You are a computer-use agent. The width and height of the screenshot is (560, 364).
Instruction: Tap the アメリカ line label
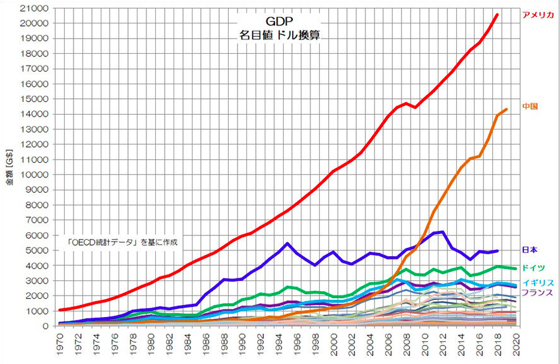click(x=537, y=15)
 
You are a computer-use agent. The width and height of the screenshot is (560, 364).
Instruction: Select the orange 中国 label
click(x=530, y=106)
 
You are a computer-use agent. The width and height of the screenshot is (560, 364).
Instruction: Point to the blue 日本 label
click(x=530, y=250)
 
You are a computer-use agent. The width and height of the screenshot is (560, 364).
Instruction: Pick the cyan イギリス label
click(x=538, y=282)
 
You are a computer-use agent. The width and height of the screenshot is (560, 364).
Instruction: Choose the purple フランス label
click(x=538, y=293)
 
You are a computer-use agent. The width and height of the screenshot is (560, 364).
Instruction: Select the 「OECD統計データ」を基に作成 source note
click(x=124, y=242)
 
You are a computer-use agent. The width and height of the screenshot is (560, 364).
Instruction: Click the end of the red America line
click(x=497, y=15)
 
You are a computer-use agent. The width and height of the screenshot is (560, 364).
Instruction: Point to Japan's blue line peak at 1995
click(x=288, y=244)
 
